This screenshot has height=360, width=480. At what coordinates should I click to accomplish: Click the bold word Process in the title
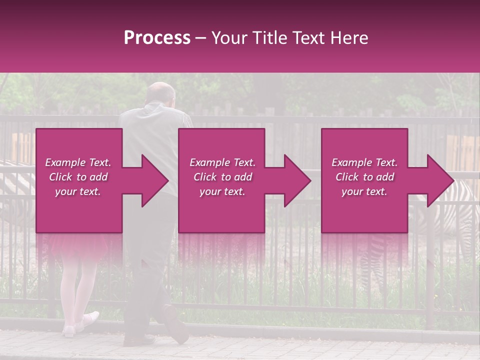pos(157,38)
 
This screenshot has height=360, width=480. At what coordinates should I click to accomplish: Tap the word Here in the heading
pos(349,38)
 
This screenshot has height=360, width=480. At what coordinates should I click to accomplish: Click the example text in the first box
pos(78,177)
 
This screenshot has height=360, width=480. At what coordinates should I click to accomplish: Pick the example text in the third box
pos(364,177)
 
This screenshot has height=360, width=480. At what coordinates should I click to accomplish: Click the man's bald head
pos(161,92)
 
